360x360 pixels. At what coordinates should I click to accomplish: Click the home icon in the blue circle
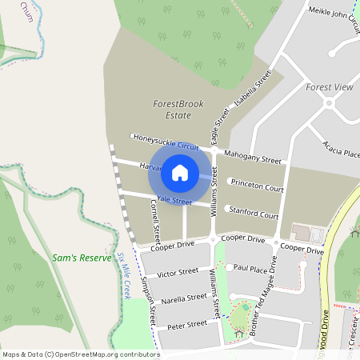pyautogui.click(x=180, y=171)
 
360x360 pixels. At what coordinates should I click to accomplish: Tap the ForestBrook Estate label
pyautogui.click(x=172, y=110)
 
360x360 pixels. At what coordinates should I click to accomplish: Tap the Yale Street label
pyautogui.click(x=174, y=200)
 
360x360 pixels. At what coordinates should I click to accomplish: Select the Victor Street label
pyautogui.click(x=178, y=273)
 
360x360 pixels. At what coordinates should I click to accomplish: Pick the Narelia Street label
pyautogui.click(x=184, y=298)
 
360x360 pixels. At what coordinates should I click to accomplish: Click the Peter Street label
pyautogui.click(x=187, y=323)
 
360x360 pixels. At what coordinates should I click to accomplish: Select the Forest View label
pyautogui.click(x=329, y=86)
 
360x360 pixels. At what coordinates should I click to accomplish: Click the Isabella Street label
pyautogui.click(x=253, y=93)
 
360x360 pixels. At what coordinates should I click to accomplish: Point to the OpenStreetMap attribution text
pyautogui.click(x=80, y=354)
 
